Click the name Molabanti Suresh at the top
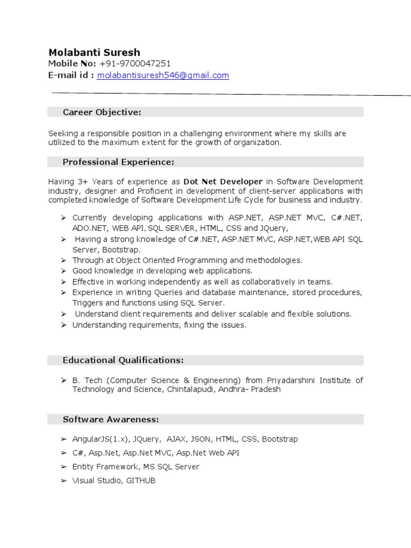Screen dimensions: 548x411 [x=94, y=52]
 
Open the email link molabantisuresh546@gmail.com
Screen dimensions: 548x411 [x=163, y=75]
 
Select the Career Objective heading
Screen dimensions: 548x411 [x=102, y=112]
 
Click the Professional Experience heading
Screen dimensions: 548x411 [x=118, y=162]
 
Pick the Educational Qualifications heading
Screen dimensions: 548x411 [x=123, y=360]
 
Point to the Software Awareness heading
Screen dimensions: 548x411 [x=111, y=419]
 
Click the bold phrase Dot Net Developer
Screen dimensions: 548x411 [x=223, y=181]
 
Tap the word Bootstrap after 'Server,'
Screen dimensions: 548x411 [x=124, y=250]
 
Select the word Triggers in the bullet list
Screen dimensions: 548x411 [x=87, y=303]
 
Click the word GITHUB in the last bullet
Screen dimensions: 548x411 [x=141, y=481]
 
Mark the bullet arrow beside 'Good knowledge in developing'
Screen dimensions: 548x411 [x=63, y=271]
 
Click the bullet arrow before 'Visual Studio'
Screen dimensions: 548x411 [x=64, y=481]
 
